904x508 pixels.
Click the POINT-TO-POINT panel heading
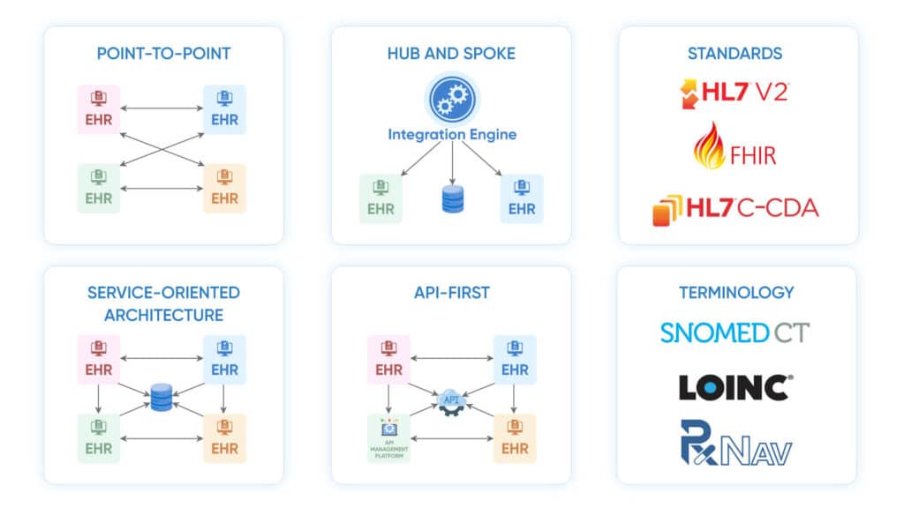point(163,54)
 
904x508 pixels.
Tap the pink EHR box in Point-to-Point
point(99,109)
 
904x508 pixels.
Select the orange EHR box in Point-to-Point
point(224,188)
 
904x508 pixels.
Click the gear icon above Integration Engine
point(452,100)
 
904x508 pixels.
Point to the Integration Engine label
point(452,135)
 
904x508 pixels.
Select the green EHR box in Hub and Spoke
point(380,199)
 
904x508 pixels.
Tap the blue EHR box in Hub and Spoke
point(522,199)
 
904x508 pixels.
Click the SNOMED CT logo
point(734,332)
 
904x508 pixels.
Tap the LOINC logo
point(734,387)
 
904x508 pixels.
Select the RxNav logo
point(734,444)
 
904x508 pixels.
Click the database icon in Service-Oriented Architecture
point(162,397)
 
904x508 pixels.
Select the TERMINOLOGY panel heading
point(736,292)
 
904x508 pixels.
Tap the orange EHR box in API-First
point(515,438)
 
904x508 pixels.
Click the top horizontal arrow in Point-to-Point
point(162,108)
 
